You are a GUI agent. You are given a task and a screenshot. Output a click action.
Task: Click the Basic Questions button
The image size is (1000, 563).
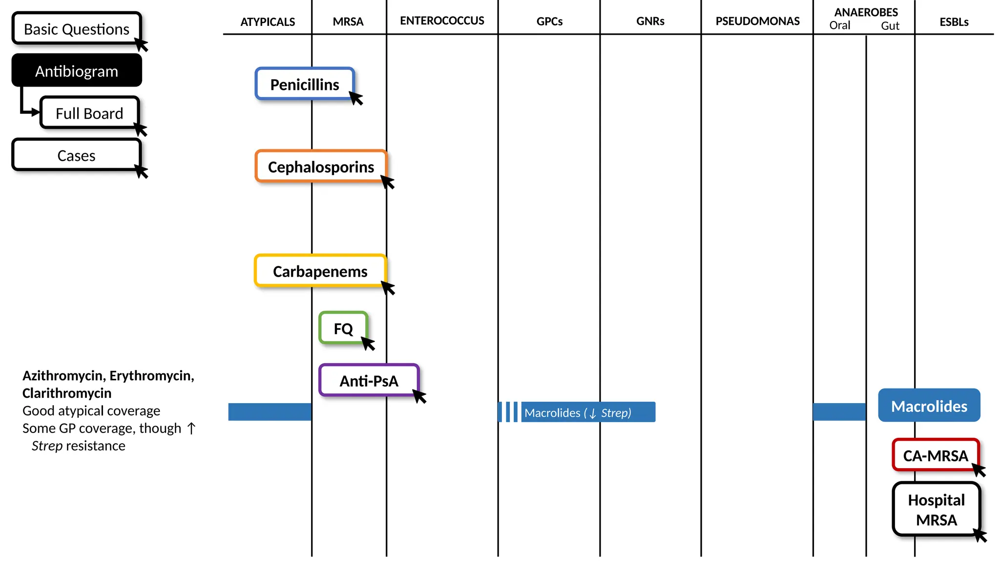click(x=77, y=29)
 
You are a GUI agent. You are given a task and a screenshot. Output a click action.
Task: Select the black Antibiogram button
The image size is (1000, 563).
click(x=77, y=71)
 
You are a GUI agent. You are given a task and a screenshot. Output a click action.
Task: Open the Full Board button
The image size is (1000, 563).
click(x=89, y=113)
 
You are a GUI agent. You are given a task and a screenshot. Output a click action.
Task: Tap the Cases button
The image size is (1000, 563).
click(x=77, y=155)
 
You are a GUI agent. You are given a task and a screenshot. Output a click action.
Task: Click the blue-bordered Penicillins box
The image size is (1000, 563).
click(x=305, y=84)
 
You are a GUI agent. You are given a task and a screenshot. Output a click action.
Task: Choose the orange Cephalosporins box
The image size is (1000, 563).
click(x=321, y=167)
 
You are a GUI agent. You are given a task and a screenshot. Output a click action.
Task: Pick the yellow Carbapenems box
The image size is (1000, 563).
click(x=320, y=271)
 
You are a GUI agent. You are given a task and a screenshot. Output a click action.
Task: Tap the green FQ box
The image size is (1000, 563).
click(x=343, y=328)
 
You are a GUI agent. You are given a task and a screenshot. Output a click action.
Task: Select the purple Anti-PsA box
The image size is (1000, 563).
click(x=369, y=380)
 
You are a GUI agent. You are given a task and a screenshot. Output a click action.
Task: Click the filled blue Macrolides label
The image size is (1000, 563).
click(x=929, y=406)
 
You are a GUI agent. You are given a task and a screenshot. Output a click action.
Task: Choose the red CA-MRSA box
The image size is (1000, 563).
click(x=935, y=455)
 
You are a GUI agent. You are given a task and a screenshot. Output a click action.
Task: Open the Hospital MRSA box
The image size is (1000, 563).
click(x=936, y=509)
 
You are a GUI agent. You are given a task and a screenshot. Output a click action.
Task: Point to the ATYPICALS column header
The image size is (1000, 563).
click(x=268, y=22)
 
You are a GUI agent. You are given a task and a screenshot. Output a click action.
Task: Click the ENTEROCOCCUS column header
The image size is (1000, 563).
click(x=442, y=21)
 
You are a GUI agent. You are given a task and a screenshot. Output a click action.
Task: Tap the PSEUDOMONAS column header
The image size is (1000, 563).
click(x=757, y=21)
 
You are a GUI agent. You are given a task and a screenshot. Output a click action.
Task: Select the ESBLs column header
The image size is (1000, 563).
click(x=954, y=22)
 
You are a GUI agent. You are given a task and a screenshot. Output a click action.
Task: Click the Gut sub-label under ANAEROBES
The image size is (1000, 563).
click(x=890, y=26)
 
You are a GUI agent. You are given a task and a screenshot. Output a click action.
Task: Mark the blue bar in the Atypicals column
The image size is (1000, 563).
click(x=270, y=412)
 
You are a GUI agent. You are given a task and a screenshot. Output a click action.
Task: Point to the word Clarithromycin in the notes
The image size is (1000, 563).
click(x=67, y=393)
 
